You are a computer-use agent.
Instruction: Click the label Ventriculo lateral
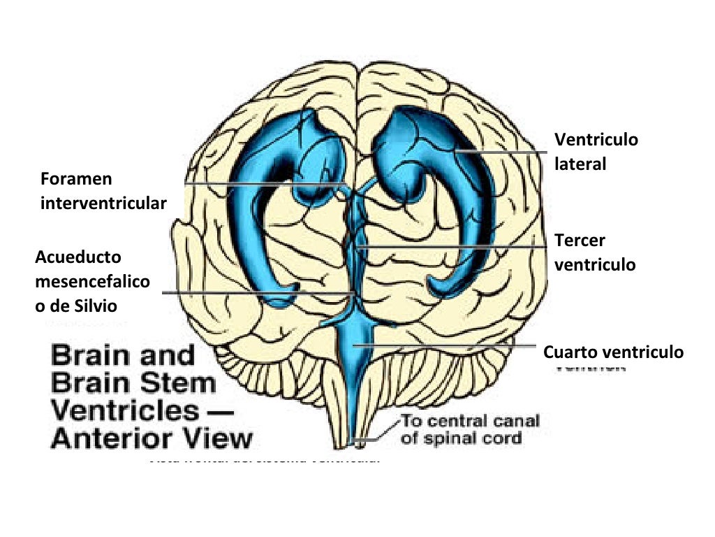[596, 152]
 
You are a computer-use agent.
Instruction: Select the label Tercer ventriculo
[595, 252]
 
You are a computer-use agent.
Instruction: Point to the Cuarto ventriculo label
[613, 352]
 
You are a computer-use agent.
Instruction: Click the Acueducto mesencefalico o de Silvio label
[92, 282]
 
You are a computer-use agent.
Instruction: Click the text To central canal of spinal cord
[469, 430]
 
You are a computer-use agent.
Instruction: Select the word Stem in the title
[182, 383]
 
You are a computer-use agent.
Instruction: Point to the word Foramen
[76, 178]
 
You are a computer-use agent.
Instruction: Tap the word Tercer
[580, 241]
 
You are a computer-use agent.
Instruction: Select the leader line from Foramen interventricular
[265, 183]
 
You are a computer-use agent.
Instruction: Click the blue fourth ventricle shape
[356, 357]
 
